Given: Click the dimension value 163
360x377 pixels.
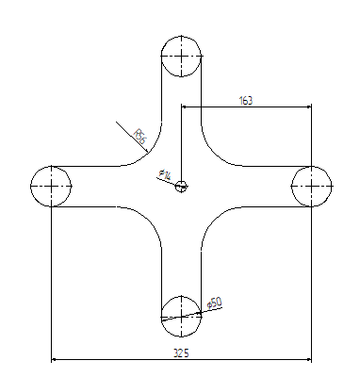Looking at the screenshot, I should click(246, 99).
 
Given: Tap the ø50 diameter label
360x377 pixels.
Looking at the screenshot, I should click(215, 303).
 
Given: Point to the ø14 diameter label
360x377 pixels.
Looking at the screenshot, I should click(165, 174).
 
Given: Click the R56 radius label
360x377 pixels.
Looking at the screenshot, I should click(140, 139).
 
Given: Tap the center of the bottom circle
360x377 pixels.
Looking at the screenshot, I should click(180, 315).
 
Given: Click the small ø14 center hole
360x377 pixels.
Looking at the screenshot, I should click(181, 186).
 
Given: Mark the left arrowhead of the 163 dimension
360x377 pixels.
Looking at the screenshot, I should click(185, 107).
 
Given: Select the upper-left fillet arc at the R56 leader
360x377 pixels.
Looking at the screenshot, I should click(150, 154).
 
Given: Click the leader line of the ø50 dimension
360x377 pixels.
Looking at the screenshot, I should click(193, 312).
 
